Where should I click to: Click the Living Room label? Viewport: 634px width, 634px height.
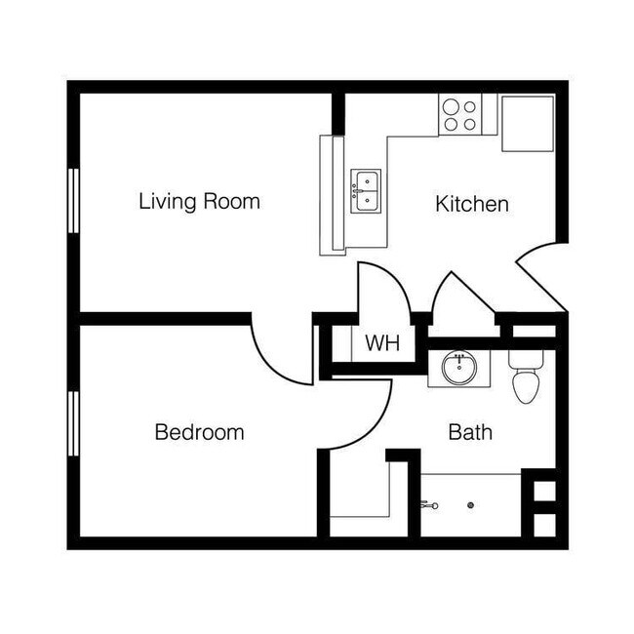tap(199, 202)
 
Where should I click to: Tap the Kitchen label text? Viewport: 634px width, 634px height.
tap(471, 204)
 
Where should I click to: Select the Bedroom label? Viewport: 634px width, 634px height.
tap(199, 432)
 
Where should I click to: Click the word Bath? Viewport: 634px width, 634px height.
tap(470, 432)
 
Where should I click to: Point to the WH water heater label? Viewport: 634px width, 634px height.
tap(382, 343)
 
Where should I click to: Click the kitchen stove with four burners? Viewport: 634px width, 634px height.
tap(458, 114)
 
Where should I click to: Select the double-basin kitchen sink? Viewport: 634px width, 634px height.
tap(367, 191)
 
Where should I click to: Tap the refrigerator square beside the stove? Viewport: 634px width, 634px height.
tap(528, 123)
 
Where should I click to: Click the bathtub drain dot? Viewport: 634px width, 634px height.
tap(470, 505)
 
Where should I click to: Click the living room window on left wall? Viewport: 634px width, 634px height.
tap(73, 200)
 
